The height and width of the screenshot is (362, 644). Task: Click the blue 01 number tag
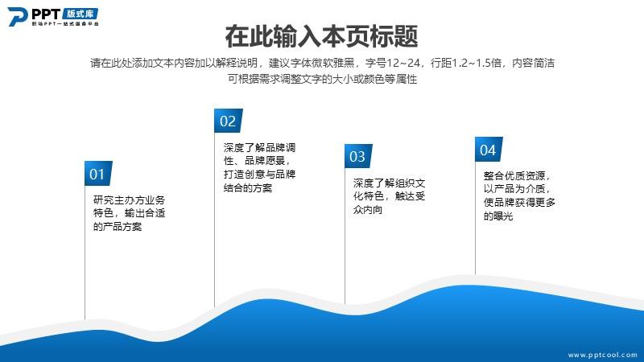click(x=98, y=173)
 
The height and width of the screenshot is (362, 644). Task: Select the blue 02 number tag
click(x=228, y=121)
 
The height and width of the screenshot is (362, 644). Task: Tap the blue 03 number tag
click(x=358, y=156)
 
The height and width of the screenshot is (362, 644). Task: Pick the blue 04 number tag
click(x=489, y=150)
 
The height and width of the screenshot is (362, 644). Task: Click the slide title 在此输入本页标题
click(x=321, y=36)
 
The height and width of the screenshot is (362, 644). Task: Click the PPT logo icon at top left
click(x=17, y=17)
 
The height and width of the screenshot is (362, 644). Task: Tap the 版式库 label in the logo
click(x=80, y=14)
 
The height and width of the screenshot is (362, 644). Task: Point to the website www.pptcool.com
click(x=602, y=355)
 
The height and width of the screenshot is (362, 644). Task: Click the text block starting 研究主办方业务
click(x=129, y=213)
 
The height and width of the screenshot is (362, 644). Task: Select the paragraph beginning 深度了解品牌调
click(x=259, y=167)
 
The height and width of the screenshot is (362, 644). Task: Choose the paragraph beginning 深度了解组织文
click(x=389, y=196)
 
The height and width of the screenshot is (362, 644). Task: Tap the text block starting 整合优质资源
click(x=519, y=195)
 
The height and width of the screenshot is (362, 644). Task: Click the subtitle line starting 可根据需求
click(x=323, y=79)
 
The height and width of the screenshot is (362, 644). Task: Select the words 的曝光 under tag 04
click(x=498, y=216)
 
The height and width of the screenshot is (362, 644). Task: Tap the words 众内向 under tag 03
click(x=368, y=210)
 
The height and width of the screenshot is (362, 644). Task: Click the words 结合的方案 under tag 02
click(x=248, y=188)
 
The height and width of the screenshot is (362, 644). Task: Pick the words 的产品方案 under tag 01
click(x=118, y=227)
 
